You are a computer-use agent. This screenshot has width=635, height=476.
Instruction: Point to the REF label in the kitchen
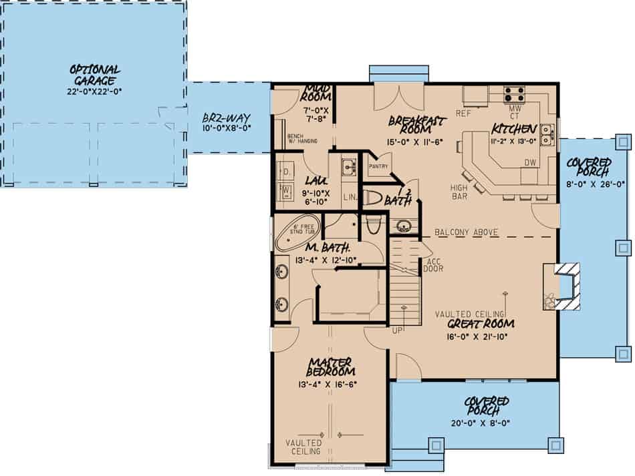(464, 113)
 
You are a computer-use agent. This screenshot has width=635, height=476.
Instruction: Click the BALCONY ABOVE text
(466, 232)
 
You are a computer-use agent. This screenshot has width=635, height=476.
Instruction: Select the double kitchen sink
(547, 134)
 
